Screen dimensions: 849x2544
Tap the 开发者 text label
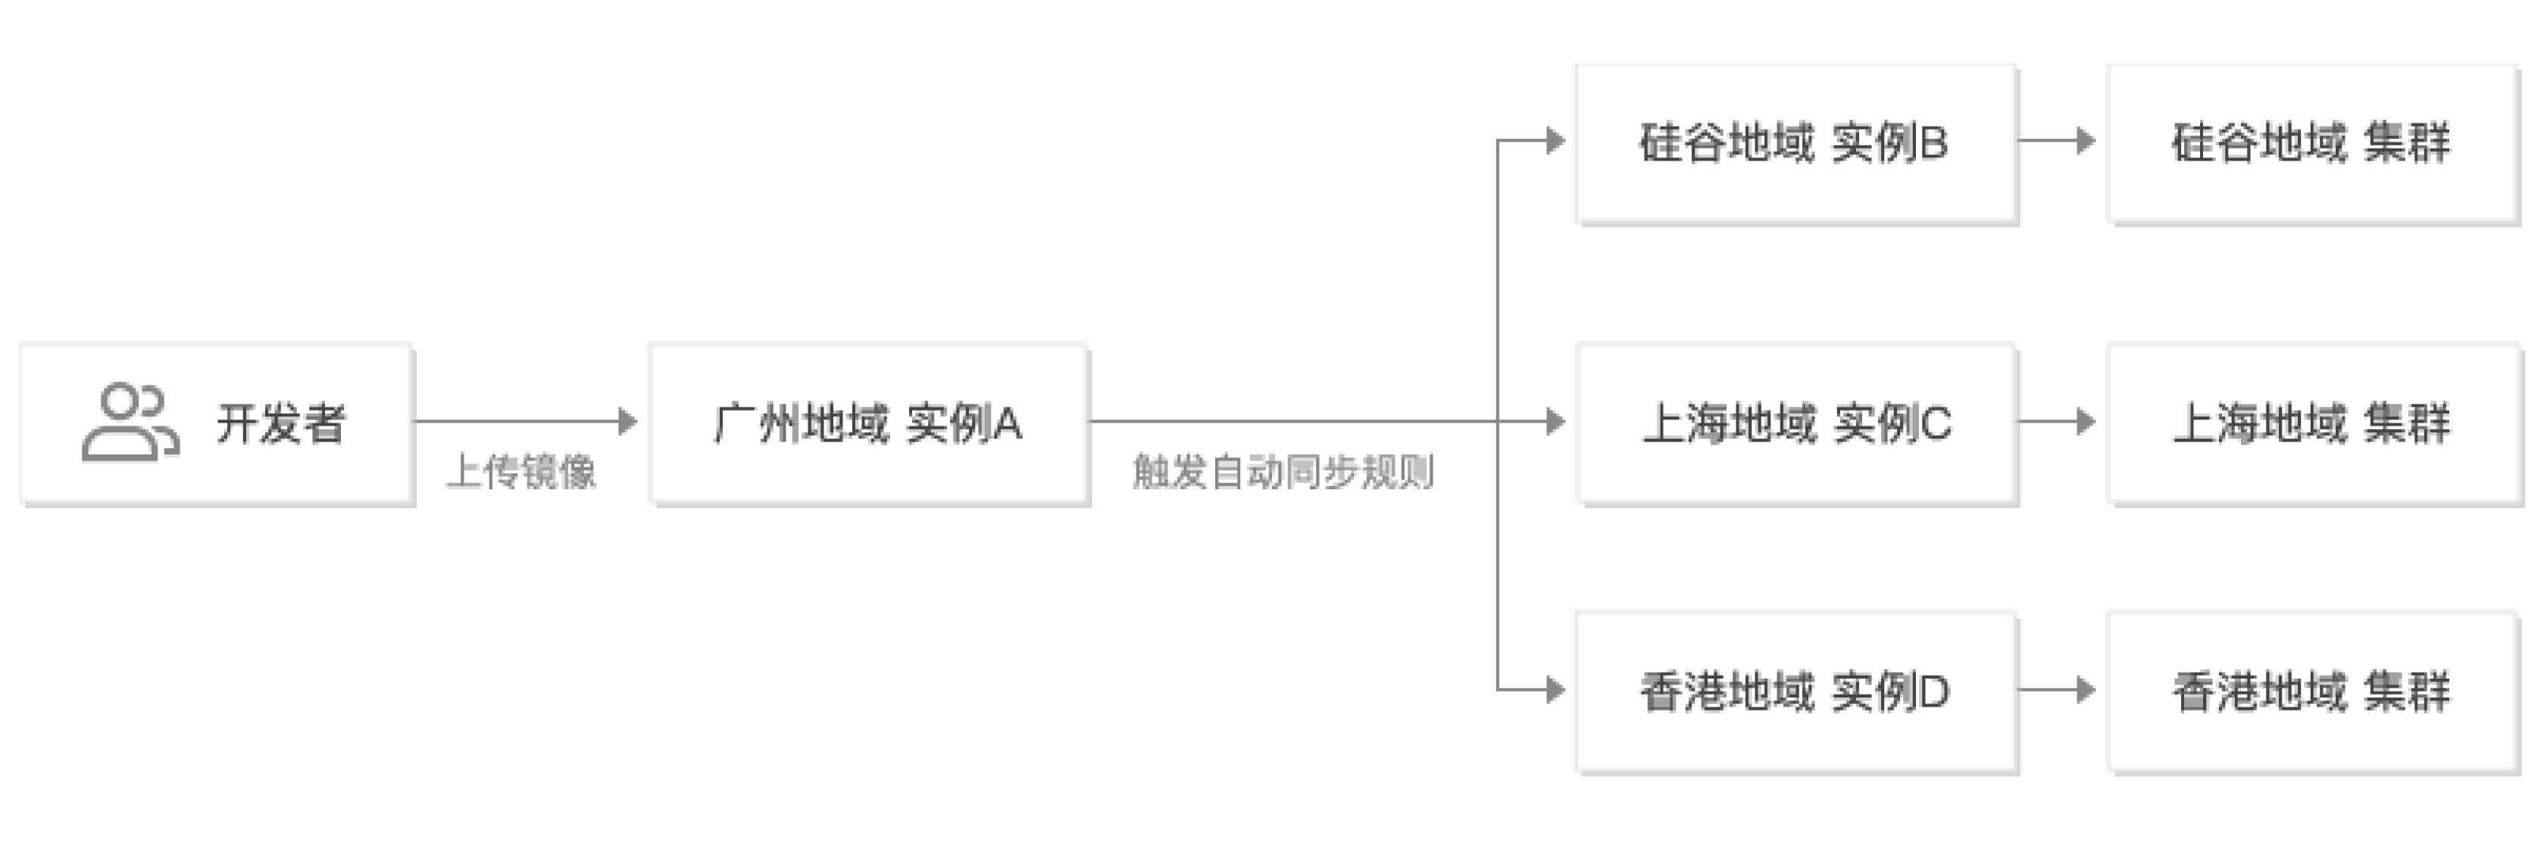[x=282, y=424]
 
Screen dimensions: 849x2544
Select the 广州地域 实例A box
[x=868, y=423]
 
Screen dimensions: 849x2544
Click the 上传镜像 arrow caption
[x=521, y=473]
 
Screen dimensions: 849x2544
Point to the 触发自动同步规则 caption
[x=1283, y=473]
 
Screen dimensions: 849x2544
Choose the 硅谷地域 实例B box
[x=1795, y=143]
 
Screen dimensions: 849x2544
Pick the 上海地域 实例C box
[x=1797, y=423]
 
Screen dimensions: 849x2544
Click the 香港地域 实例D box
[x=1795, y=691]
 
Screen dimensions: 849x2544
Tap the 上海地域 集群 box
[x=2313, y=423]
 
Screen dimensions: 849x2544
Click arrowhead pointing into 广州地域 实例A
[x=628, y=422]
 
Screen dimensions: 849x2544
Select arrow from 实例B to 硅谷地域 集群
[x=2060, y=141]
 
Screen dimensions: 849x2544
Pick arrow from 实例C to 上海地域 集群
[x=2060, y=422]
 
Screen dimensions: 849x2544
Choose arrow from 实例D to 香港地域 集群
[x=2060, y=689]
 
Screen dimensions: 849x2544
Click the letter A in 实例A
[x=1008, y=424]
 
